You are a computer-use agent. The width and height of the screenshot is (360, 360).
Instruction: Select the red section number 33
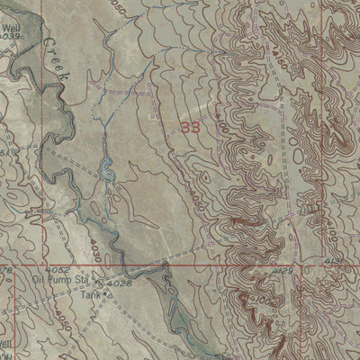click(x=190, y=129)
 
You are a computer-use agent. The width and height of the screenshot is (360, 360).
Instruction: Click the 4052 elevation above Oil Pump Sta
click(x=56, y=270)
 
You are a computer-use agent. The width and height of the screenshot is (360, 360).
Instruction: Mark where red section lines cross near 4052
click(x=16, y=265)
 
